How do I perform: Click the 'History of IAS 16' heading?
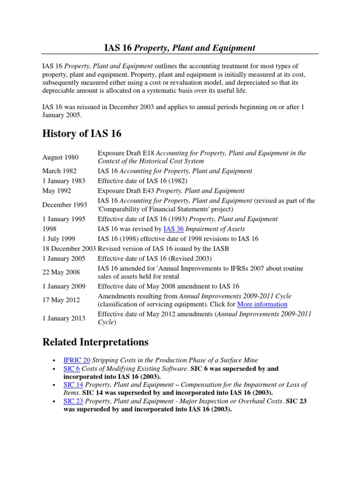pyautogui.click(x=82, y=134)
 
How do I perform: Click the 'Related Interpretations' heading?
pyautogui.click(x=95, y=341)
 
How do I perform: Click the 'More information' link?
pyautogui.click(x=262, y=304)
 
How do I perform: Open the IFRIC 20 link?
pyautogui.click(x=76, y=360)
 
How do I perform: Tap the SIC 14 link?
pyautogui.click(x=73, y=384)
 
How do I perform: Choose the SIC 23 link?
pyautogui.click(x=73, y=401)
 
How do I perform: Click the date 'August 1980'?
pyautogui.click(x=60, y=157)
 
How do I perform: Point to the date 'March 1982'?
pyautogui.click(x=60, y=171)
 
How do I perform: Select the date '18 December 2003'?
pyautogui.click(x=69, y=248)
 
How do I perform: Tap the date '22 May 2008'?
pyautogui.click(x=61, y=272)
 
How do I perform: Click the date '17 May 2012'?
pyautogui.click(x=61, y=300)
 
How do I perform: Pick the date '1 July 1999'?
pyautogui.click(x=59, y=239)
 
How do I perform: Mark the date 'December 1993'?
pyautogui.click(x=64, y=205)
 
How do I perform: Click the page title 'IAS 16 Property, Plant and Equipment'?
pyautogui.click(x=180, y=48)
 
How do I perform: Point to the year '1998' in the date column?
pyautogui.click(x=50, y=229)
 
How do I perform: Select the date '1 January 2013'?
pyautogui.click(x=64, y=318)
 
